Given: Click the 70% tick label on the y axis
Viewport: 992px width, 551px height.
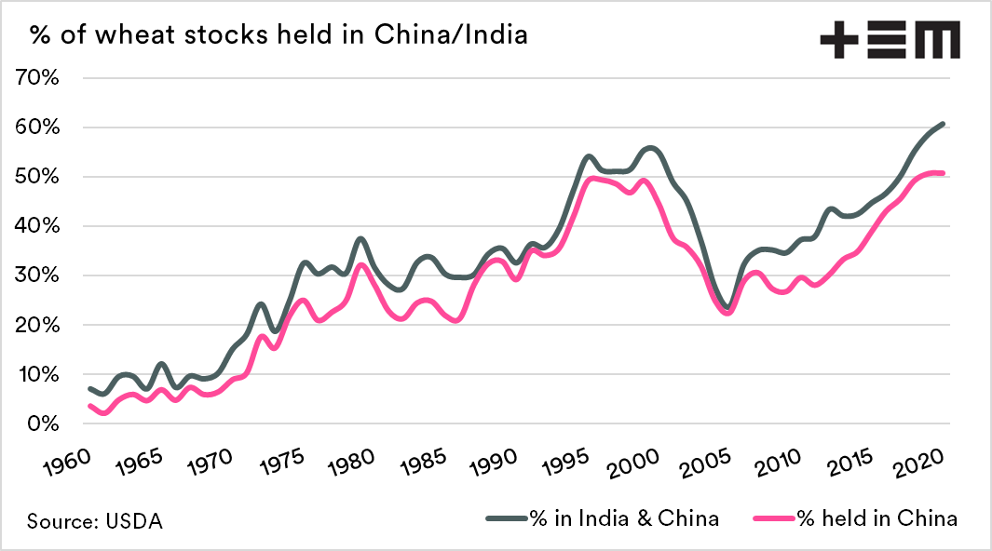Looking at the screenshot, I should coord(37,77).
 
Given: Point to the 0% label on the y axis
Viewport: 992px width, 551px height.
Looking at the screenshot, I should coord(43,424).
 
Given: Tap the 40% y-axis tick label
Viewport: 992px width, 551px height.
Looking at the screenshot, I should coord(37,226).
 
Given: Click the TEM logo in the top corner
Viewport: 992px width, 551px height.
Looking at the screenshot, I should coord(889,40).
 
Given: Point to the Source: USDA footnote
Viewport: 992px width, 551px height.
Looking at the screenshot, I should coord(94,521).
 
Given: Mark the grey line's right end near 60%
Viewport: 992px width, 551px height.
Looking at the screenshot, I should coord(944,124).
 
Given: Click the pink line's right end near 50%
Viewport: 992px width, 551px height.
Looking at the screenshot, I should coord(944,173).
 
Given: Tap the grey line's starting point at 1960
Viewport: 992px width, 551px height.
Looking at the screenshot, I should coord(89,388).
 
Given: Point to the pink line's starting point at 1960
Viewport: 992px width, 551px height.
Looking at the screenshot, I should coord(89,406).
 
